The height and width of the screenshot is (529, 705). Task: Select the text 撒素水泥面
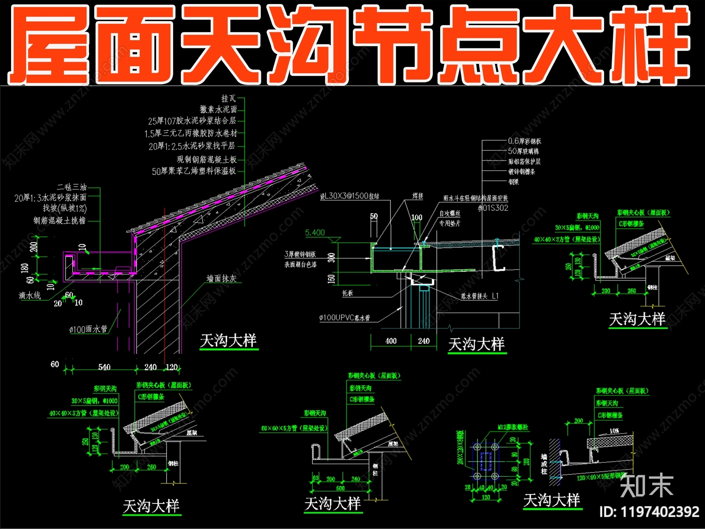tap(219, 109)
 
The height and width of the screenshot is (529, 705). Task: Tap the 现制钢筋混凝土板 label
tap(207, 159)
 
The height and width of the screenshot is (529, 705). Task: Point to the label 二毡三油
tap(71, 187)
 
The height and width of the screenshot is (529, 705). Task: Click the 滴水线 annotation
tap(30, 295)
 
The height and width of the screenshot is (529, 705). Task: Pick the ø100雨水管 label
tap(88, 329)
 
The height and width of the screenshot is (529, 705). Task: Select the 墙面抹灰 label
tap(222, 278)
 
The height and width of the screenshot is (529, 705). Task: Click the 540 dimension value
tap(104, 367)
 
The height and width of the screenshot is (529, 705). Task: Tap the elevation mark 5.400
tap(315, 232)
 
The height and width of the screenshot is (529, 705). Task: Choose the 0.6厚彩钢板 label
tap(524, 141)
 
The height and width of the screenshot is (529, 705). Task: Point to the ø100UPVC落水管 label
tap(345, 317)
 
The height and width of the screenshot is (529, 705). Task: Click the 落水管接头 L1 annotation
tap(479, 296)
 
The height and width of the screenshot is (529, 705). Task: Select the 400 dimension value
tap(391, 341)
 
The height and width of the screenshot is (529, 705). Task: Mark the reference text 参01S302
tap(493, 208)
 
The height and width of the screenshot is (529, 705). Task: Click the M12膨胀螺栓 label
tap(512, 427)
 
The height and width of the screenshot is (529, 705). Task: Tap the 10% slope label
tap(614, 430)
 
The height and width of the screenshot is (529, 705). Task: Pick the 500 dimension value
tap(340, 488)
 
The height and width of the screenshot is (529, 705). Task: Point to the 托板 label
tap(347, 293)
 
